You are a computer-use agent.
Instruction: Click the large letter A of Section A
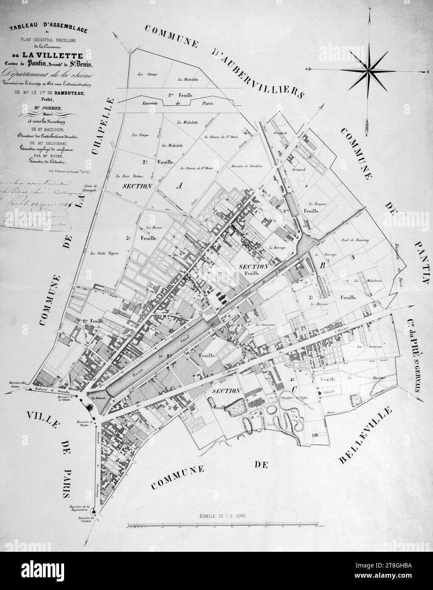179,185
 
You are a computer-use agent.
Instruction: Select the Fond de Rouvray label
354,240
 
